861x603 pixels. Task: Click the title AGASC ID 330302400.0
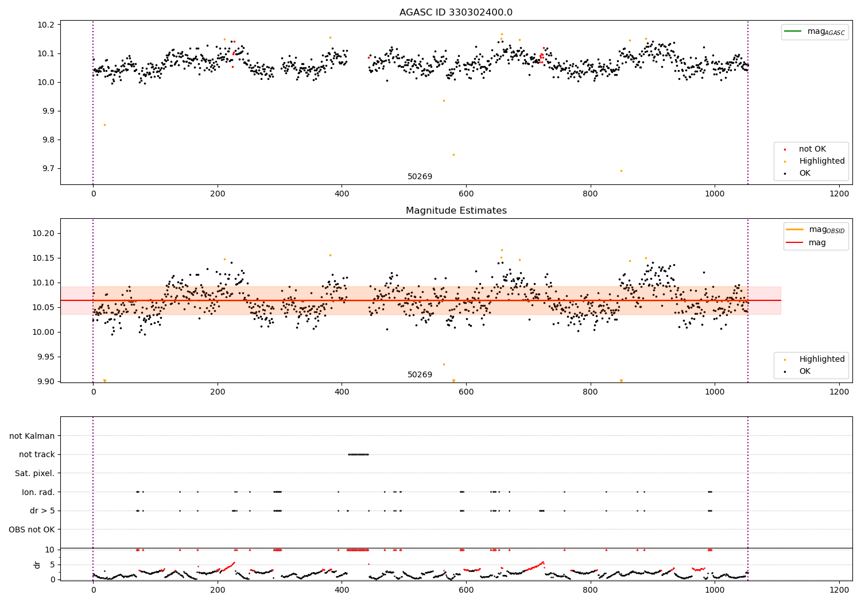(x=456, y=13)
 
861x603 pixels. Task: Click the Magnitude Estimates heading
(x=456, y=211)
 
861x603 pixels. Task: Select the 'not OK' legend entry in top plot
(x=812, y=149)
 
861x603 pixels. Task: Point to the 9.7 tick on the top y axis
(x=46, y=169)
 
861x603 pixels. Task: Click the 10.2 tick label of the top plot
(x=46, y=25)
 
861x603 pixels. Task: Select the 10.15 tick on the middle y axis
(x=44, y=258)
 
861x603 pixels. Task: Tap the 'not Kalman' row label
(x=32, y=436)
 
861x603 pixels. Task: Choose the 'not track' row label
(x=37, y=455)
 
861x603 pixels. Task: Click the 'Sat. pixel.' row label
(x=34, y=474)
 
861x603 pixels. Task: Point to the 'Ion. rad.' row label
(x=38, y=492)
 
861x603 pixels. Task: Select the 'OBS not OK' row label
(x=32, y=529)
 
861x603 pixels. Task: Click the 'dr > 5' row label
(x=42, y=511)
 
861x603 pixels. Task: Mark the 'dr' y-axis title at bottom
(x=37, y=565)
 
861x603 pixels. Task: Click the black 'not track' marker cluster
(x=358, y=454)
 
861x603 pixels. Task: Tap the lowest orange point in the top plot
(x=621, y=171)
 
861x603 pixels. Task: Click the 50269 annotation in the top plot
(x=420, y=177)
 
